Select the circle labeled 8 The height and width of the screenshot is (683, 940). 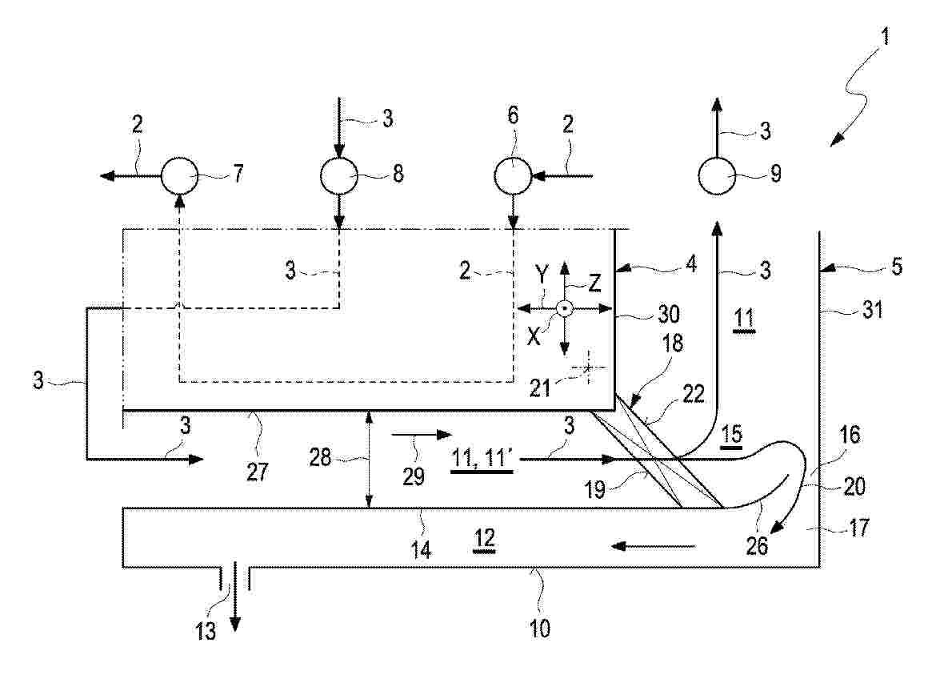tap(339, 176)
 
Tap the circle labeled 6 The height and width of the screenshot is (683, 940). tap(513, 176)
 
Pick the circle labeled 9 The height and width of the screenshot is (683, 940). tap(717, 176)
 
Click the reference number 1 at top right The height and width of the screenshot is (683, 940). tap(885, 37)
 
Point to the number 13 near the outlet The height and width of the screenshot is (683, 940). tap(206, 631)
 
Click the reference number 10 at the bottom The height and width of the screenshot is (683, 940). tap(539, 629)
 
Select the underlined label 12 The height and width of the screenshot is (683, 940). tap(484, 538)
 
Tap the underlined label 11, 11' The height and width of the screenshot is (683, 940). tap(481, 459)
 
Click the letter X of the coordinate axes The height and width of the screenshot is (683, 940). tap(534, 336)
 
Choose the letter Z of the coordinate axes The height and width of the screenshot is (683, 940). tap(594, 283)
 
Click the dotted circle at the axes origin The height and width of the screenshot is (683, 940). tap(565, 308)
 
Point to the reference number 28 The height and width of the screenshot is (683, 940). tap(321, 457)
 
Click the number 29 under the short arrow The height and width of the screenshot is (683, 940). tap(414, 476)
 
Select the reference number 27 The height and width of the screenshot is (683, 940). tap(257, 472)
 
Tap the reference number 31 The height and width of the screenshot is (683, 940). tap(872, 310)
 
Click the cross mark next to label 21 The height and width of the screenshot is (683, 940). tap(587, 367)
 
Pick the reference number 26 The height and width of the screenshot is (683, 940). tap(757, 545)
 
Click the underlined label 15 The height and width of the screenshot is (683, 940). tap(731, 434)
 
